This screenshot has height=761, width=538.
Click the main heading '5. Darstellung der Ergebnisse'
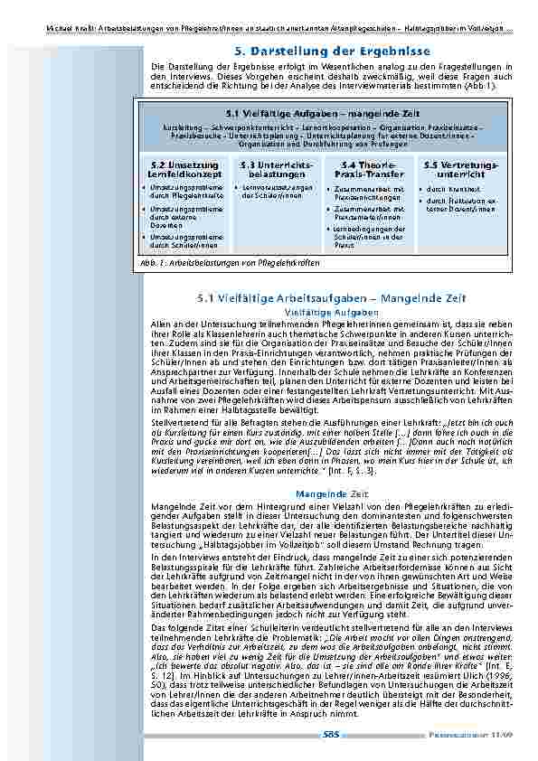pyautogui.click(x=330, y=52)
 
